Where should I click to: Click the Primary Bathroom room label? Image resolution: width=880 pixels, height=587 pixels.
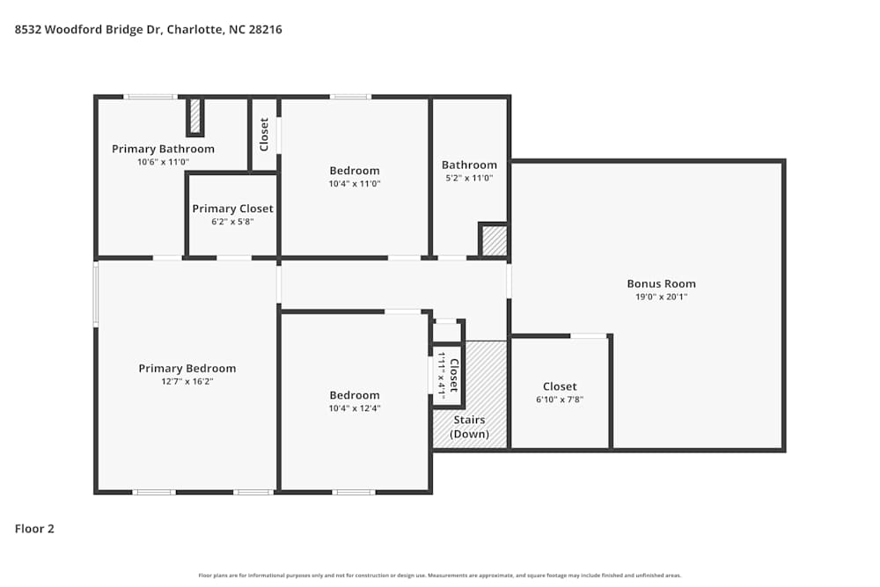tap(163, 149)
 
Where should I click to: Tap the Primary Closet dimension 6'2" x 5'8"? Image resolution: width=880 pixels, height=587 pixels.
tap(232, 223)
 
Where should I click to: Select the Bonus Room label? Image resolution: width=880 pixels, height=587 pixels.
tap(661, 283)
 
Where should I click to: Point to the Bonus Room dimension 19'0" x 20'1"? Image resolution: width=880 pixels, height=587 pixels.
tap(661, 297)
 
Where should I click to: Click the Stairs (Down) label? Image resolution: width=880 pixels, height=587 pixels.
tap(469, 427)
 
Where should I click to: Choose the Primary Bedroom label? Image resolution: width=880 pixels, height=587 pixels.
tap(187, 369)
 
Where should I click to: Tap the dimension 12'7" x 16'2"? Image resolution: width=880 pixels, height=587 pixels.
tap(187, 383)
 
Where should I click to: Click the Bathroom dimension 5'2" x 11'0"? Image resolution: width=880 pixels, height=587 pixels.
tap(469, 178)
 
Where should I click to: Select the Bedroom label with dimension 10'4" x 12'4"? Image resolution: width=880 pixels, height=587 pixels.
tap(355, 395)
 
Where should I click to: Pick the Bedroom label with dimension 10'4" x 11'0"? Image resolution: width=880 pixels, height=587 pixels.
tap(355, 171)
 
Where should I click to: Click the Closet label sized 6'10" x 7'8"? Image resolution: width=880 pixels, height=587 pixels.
tap(560, 386)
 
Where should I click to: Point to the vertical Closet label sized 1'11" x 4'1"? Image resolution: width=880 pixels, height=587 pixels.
tap(454, 376)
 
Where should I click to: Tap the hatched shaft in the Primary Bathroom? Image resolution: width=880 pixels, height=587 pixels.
tap(195, 116)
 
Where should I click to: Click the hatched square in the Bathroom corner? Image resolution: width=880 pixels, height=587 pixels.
tap(495, 240)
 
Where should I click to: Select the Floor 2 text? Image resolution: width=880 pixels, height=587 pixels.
tap(35, 529)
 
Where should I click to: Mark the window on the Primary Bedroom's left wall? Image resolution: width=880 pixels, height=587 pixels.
tap(96, 294)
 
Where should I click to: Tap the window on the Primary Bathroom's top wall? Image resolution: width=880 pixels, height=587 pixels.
tap(150, 96)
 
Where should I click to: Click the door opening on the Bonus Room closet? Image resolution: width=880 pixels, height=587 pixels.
tap(589, 335)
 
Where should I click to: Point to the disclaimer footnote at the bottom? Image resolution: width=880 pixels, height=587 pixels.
tap(440, 575)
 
